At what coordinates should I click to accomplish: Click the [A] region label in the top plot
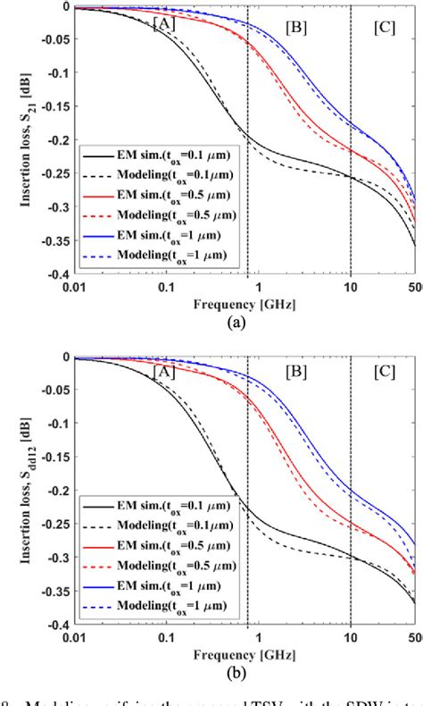point(164,24)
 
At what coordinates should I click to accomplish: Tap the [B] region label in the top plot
point(295,26)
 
